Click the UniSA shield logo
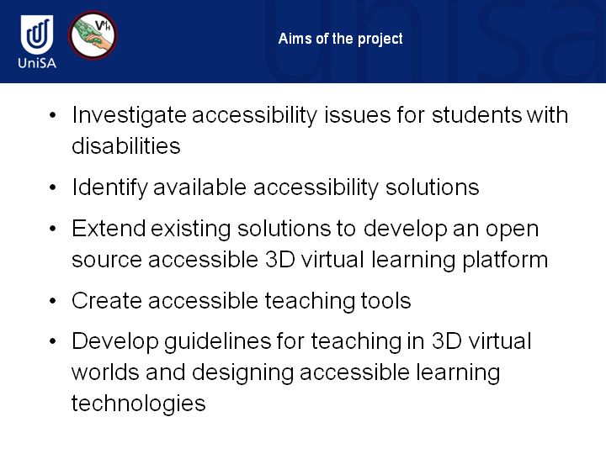37,34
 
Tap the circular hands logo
93,35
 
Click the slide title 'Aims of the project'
341,39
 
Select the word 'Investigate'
129,116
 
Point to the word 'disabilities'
126,146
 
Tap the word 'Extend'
109,229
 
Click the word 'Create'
107,301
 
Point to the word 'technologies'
138,404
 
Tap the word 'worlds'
105,372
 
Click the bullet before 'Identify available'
53,188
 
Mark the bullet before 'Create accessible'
53,301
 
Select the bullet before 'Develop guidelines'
53,341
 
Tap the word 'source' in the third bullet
107,260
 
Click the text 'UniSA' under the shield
37,63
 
